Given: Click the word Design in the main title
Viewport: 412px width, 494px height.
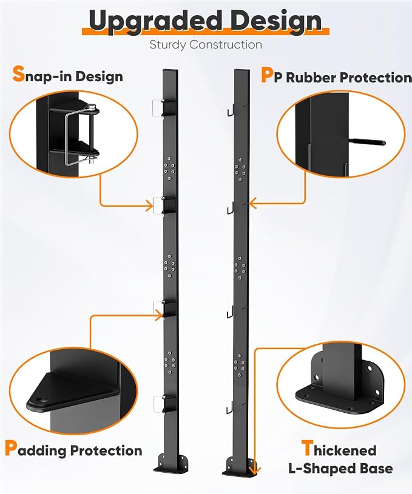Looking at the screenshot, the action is pyautogui.click(x=276, y=21).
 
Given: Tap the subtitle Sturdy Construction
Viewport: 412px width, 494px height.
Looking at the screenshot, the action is pyautogui.click(x=206, y=44).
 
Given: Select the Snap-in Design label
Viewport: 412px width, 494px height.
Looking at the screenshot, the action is pyautogui.click(x=67, y=75).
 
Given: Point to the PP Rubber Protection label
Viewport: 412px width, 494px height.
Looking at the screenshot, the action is pyautogui.click(x=336, y=76).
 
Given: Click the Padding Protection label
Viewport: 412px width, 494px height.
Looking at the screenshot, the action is pyautogui.click(x=73, y=449).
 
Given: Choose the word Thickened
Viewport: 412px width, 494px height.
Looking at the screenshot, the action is pyautogui.click(x=339, y=449).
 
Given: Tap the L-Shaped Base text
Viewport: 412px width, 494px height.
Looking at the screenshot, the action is pyautogui.click(x=341, y=469).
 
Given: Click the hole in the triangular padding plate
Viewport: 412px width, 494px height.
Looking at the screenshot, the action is pyautogui.click(x=41, y=400).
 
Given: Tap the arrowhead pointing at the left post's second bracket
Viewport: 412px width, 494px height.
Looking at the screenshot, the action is pyautogui.click(x=149, y=206).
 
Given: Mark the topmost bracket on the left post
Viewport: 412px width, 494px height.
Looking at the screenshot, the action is pyautogui.click(x=164, y=108).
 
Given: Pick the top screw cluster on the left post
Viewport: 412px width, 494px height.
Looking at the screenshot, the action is pyautogui.click(x=169, y=168).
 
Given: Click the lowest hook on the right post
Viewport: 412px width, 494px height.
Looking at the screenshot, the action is pyautogui.click(x=230, y=408).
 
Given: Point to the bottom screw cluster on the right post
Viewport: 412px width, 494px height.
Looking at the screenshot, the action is pyautogui.click(x=240, y=365).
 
